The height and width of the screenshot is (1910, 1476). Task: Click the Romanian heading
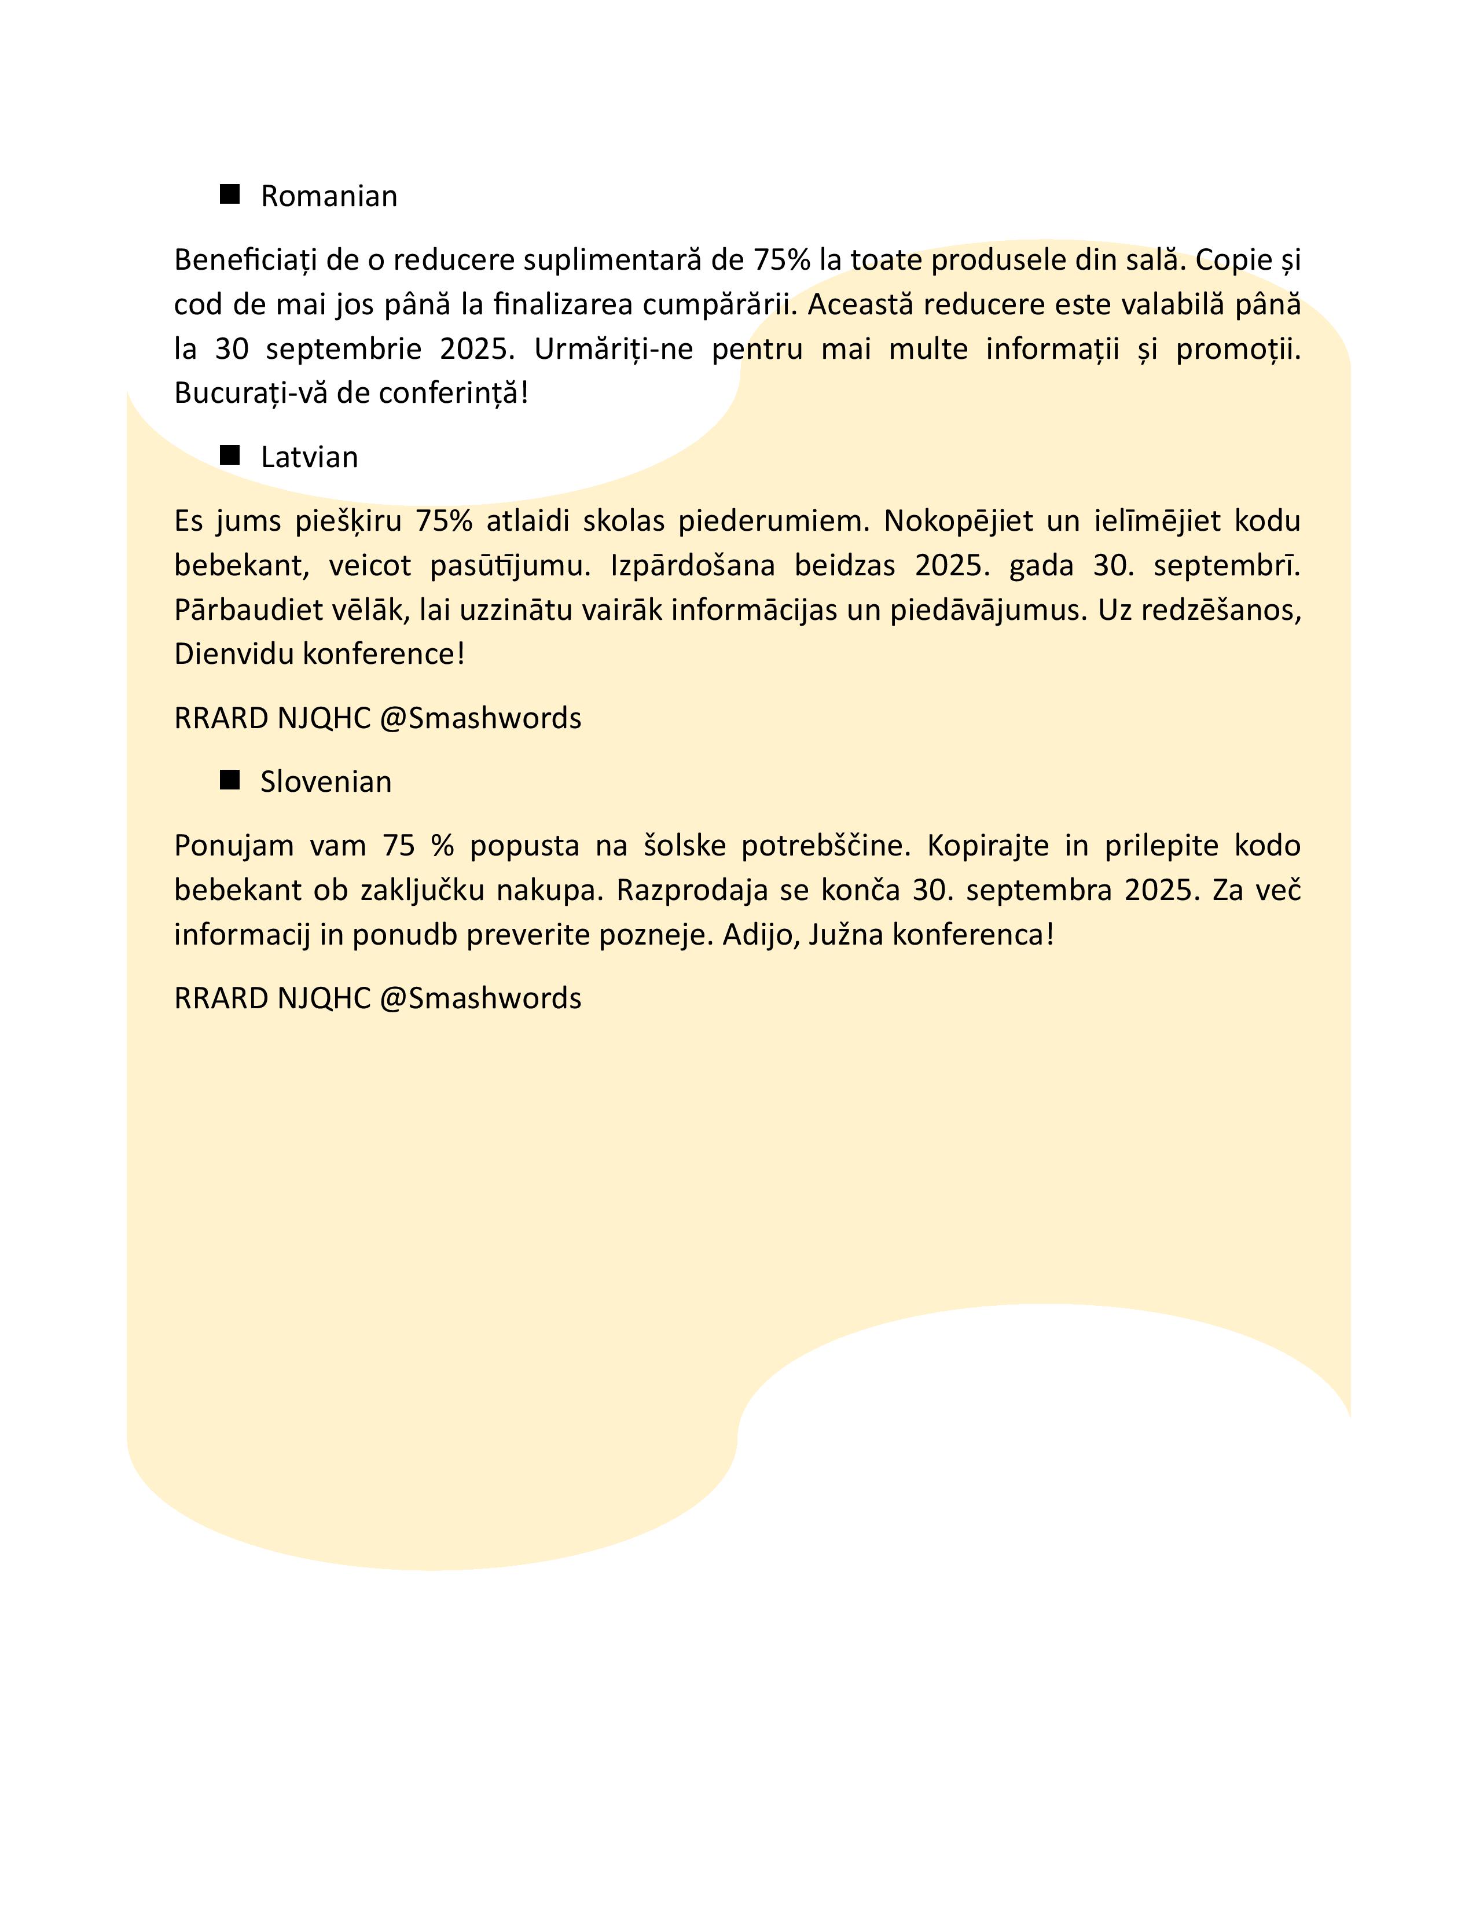coord(329,196)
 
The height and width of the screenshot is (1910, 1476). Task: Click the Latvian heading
coord(310,457)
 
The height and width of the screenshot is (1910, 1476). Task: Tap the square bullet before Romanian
coord(230,194)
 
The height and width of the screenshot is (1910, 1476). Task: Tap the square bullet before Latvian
coord(230,455)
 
